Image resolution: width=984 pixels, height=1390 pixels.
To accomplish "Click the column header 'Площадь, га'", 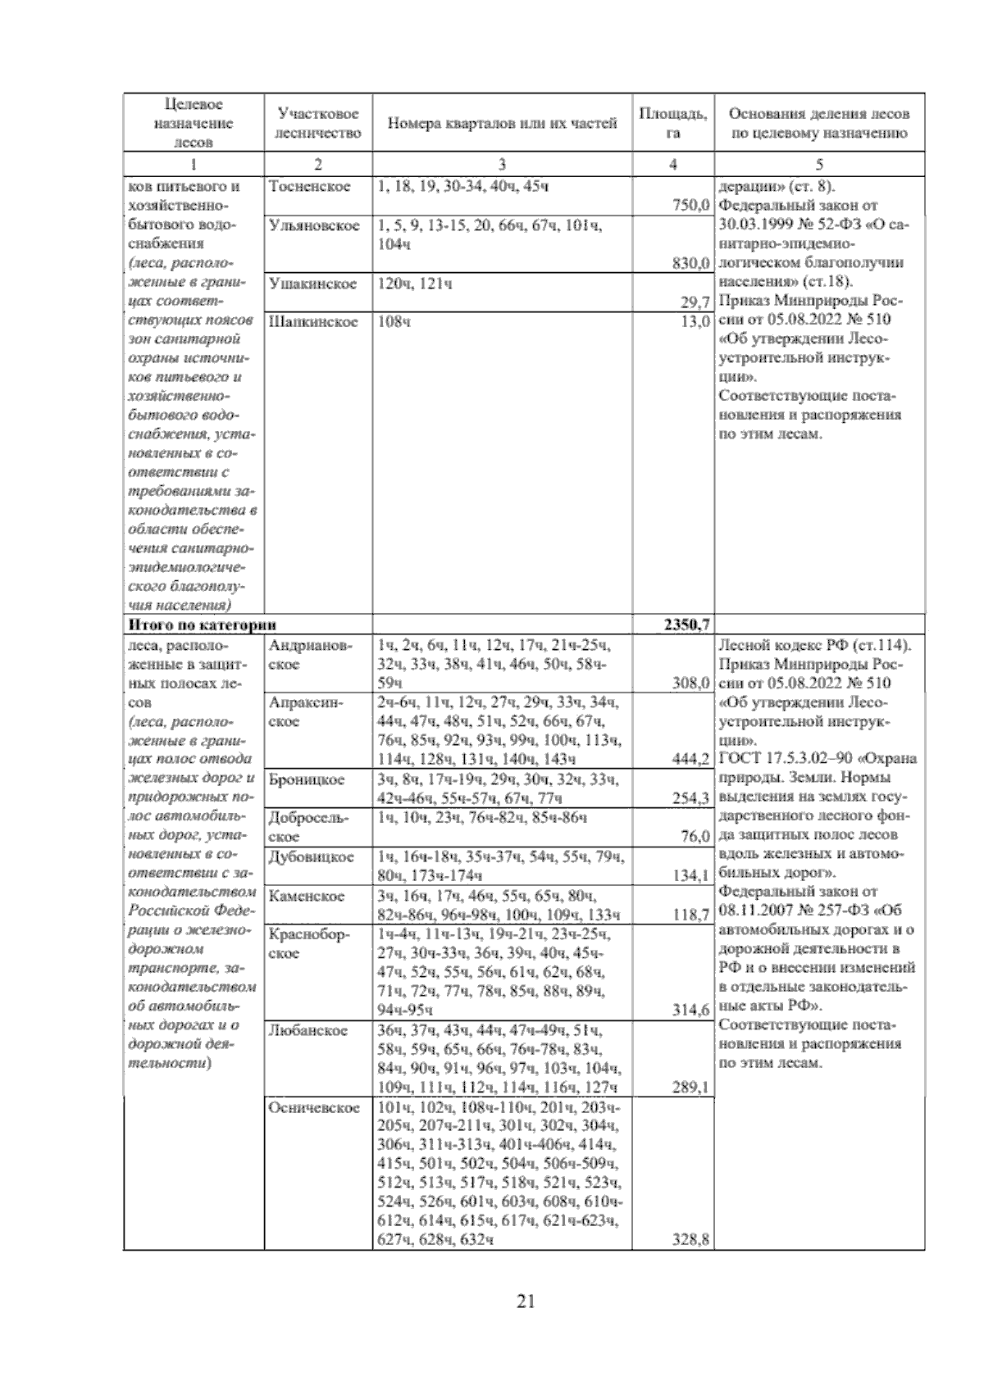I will tap(672, 123).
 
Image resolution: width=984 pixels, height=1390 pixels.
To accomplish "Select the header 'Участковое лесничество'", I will tap(318, 123).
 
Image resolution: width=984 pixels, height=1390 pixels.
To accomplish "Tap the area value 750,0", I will tap(690, 206).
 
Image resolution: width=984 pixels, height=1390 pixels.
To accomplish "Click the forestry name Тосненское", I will tap(309, 187).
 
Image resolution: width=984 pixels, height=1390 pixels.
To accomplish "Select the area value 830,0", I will tap(690, 263).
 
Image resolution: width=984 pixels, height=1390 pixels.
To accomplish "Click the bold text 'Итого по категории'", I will tap(201, 625).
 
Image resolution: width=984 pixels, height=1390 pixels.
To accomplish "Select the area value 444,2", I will tap(690, 759).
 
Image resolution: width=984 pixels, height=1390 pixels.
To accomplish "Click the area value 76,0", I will tap(695, 836).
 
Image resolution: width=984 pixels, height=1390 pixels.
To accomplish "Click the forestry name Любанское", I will tap(307, 1030).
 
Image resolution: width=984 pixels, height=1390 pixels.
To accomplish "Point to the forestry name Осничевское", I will tap(313, 1108).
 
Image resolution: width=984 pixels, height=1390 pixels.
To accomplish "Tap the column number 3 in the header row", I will tap(502, 164).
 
